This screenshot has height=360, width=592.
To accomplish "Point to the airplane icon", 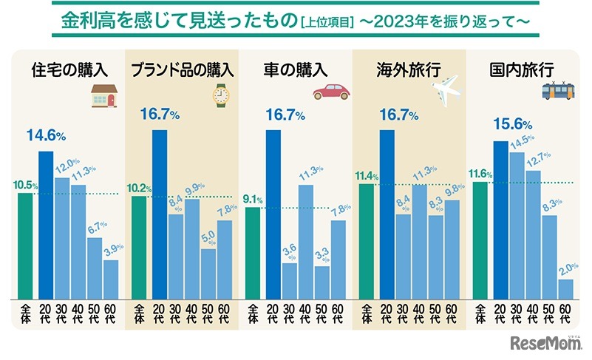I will (446, 92).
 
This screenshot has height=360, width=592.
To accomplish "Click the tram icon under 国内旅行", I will (559, 90).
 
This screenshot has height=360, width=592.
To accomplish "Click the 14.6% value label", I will (47, 136).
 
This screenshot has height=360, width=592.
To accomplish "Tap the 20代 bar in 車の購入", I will (273, 214).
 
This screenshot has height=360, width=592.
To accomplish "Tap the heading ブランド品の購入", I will (182, 71).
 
